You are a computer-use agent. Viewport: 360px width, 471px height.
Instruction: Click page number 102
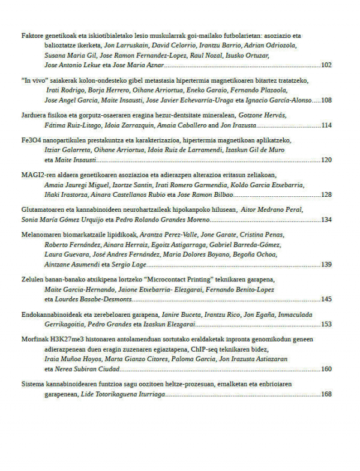point(326,64)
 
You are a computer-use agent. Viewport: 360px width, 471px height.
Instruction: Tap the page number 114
point(326,125)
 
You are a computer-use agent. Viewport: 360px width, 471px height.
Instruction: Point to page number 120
point(326,160)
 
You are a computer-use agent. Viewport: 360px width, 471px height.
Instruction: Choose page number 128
point(326,195)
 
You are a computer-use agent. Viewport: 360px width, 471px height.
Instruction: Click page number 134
point(326,220)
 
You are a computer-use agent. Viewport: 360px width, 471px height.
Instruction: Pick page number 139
point(326,265)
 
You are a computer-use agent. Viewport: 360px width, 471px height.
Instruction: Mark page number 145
point(326,299)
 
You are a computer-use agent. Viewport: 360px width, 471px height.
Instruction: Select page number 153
point(326,324)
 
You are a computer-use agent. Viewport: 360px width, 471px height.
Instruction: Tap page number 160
point(326,369)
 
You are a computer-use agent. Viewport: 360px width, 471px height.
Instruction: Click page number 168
point(326,394)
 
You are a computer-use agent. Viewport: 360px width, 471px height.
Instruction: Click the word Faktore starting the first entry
point(32,36)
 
